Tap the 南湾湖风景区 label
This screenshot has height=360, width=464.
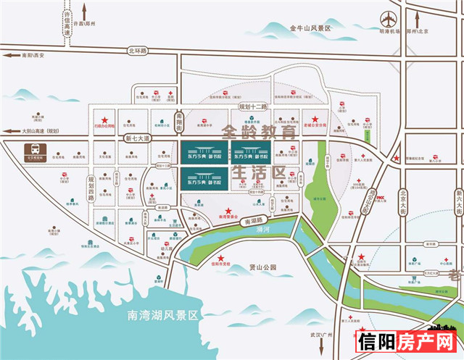[x=162, y=315]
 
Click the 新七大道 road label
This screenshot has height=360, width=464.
[x=136, y=138]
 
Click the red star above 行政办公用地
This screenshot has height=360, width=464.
[x=104, y=121]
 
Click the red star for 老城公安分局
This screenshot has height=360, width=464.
[x=314, y=120]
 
